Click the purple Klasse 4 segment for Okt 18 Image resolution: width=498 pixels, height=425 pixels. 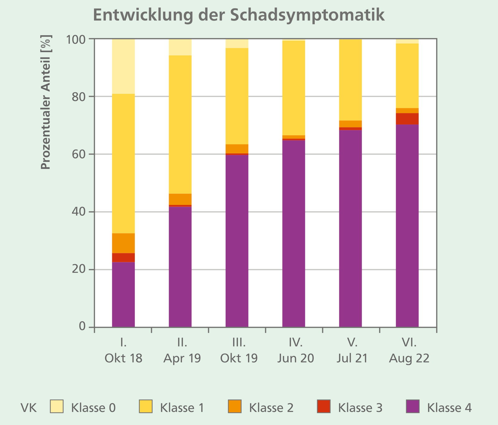123,294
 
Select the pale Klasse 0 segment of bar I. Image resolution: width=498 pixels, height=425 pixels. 123,66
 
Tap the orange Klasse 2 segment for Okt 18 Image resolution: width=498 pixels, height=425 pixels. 123,243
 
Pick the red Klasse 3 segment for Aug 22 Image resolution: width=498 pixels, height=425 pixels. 407,119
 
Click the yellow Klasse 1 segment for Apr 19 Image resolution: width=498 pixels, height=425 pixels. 180,124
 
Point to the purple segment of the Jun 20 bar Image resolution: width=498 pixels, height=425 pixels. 294,233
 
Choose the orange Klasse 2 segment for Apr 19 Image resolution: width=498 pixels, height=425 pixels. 180,199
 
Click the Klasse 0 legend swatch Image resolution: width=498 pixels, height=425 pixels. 57,407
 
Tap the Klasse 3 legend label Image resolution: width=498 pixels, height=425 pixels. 360,408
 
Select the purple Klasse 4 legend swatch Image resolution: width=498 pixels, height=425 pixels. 412,407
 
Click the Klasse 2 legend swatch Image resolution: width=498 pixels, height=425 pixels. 234,407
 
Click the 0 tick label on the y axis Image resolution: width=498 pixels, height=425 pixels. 82,326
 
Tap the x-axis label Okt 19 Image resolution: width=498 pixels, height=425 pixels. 239,358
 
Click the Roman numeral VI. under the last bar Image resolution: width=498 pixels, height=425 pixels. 409,343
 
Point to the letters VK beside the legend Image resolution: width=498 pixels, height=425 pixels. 29,408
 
